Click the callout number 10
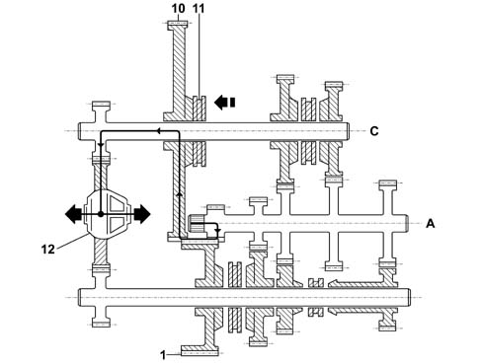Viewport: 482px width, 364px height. pos(178,8)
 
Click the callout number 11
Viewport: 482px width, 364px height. pos(199,8)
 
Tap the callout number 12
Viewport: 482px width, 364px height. pos(47,250)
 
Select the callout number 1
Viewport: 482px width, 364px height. pos(163,355)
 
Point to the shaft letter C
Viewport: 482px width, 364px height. pos(374,131)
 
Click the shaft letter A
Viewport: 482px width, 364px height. pos(431,224)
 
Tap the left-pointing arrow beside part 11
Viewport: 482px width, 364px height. pos(224,103)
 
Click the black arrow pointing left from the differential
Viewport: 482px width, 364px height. pos(74,214)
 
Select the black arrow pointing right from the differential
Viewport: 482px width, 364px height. pos(141,214)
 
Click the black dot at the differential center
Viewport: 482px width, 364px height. pos(101,214)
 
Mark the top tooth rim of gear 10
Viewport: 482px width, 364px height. pos(178,24)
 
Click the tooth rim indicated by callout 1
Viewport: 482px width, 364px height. pos(200,353)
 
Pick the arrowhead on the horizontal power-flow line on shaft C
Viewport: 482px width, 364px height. pos(158,131)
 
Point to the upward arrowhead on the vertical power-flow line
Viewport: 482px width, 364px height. pos(180,194)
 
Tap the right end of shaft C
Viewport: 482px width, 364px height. pos(349,131)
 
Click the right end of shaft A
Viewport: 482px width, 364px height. pos(407,224)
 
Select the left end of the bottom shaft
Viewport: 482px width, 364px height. pos(79,298)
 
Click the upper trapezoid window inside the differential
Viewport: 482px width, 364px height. pos(118,204)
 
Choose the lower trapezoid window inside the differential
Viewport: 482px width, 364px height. pos(118,224)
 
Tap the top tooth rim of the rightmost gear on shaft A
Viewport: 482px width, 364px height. pos(388,182)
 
